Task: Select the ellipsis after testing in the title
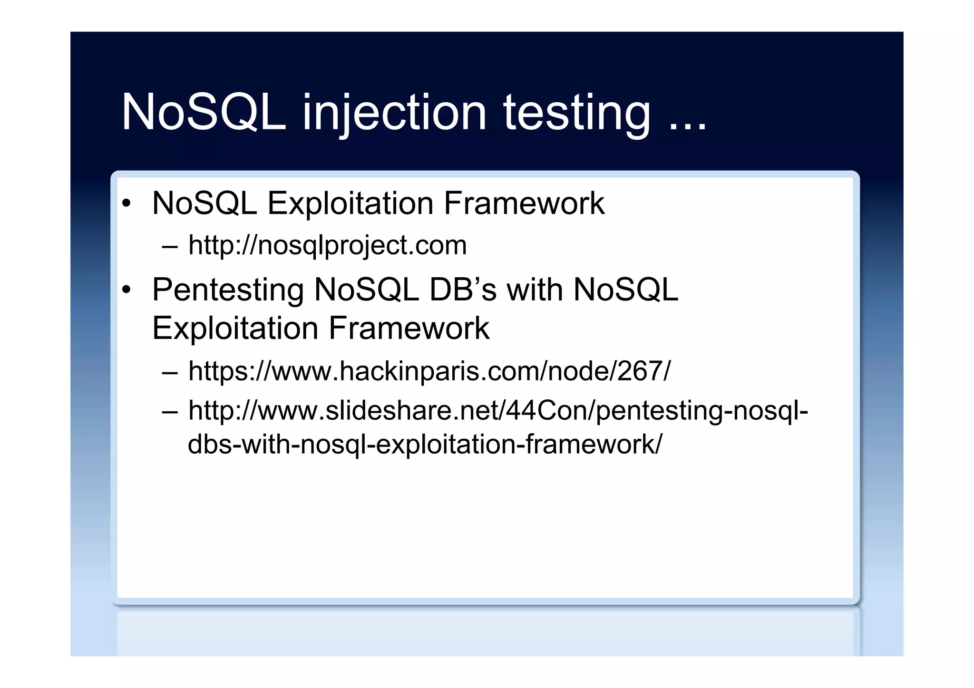688,125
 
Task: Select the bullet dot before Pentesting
126,290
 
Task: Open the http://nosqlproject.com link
327,245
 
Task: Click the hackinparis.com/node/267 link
429,371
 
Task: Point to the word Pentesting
228,290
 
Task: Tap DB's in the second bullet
462,290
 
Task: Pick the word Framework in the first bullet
524,203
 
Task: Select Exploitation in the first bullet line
351,203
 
